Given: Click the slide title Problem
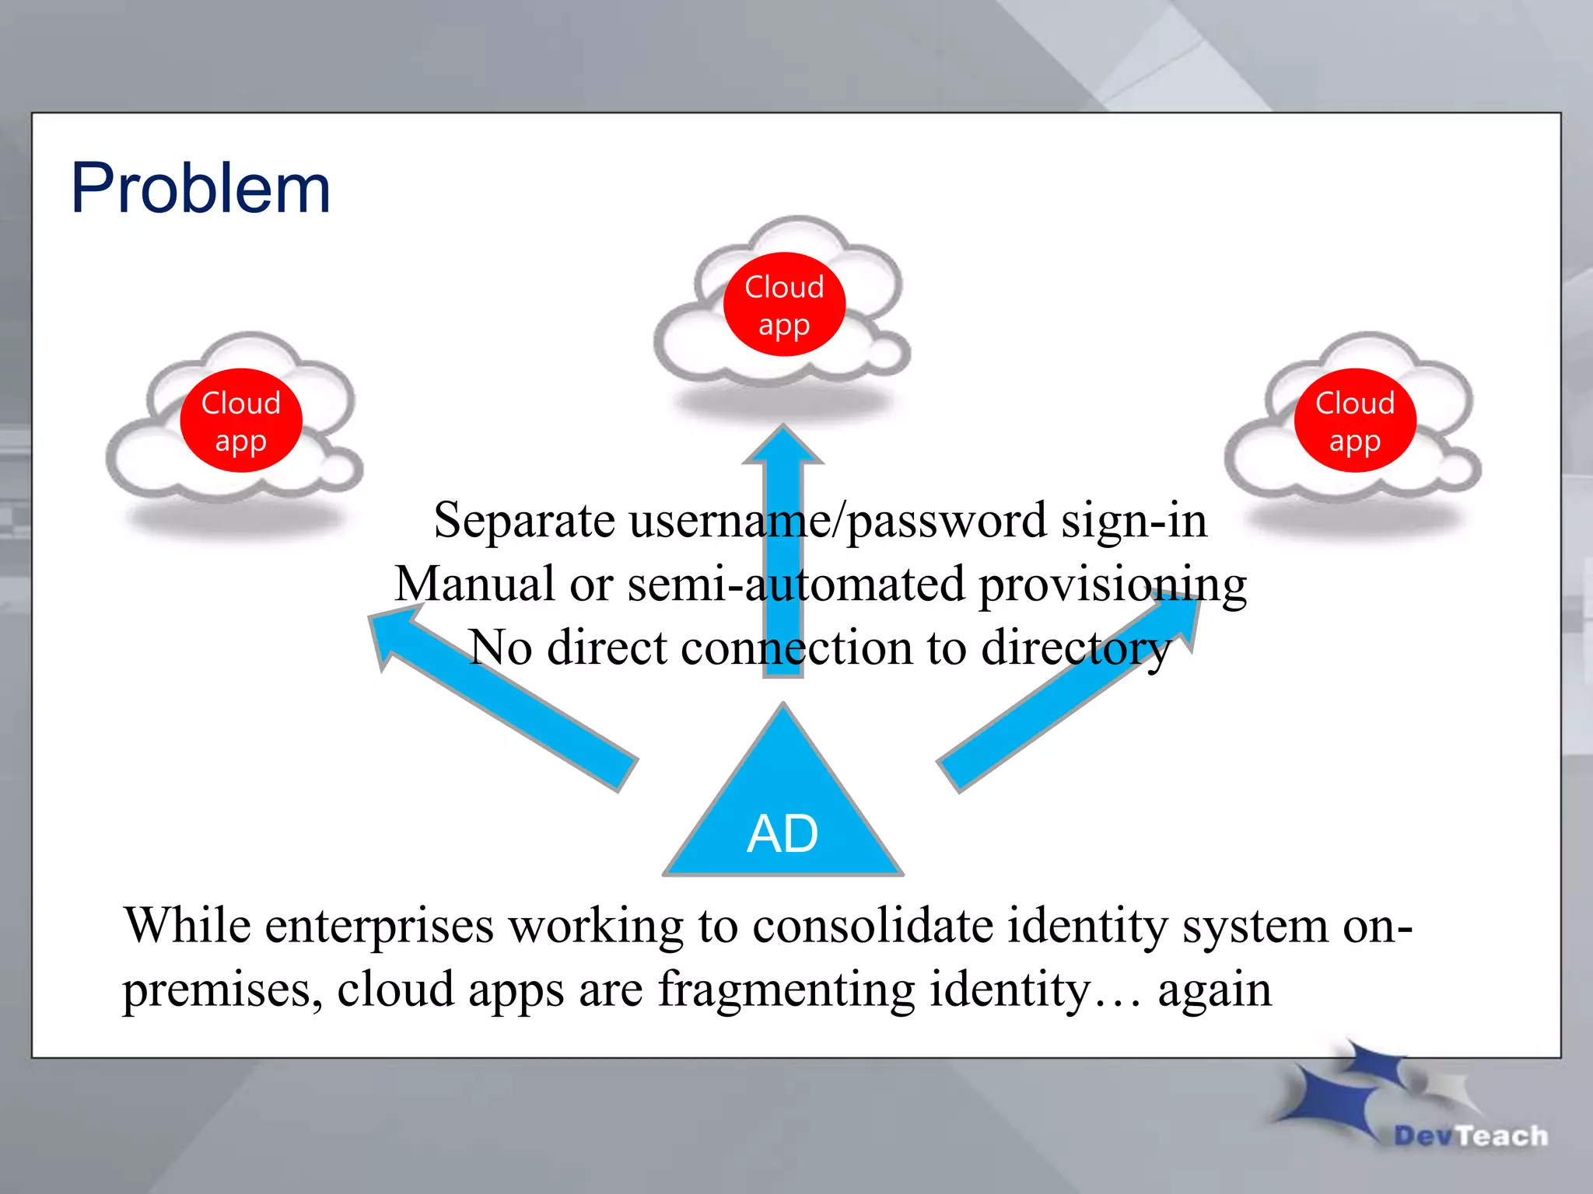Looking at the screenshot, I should (201, 189).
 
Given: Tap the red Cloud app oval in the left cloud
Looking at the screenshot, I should (241, 421).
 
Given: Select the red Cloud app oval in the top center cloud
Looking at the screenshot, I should (784, 305).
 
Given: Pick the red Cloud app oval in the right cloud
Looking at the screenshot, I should (1354, 421).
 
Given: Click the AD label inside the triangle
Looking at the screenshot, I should (782, 834).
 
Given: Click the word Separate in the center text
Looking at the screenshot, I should (524, 520).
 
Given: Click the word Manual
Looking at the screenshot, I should (474, 584).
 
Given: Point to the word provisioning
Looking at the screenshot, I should (1112, 585).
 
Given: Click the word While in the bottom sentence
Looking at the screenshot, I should (187, 926).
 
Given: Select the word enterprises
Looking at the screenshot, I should (380, 927).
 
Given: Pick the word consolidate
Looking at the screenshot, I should (872, 926).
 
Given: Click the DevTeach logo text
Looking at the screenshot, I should (1470, 1136).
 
